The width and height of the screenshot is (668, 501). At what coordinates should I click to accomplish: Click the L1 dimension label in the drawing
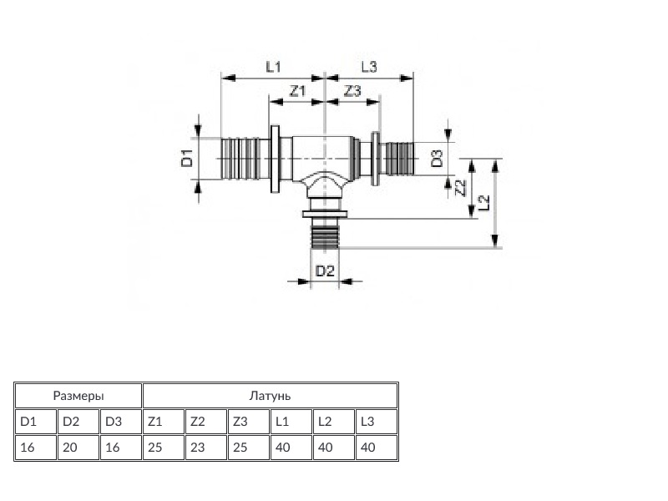(273, 67)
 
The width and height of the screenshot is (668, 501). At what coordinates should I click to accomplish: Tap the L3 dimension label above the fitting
(369, 67)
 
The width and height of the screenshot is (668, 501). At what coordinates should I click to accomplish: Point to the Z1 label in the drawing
(298, 91)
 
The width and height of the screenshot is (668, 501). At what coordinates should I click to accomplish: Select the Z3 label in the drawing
(352, 91)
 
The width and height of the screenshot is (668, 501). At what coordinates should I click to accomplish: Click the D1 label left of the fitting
(187, 158)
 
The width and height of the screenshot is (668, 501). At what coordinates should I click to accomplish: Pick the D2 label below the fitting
(325, 271)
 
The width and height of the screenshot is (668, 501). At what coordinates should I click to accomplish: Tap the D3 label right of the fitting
(437, 158)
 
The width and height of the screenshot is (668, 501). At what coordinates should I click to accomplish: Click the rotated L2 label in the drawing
(483, 203)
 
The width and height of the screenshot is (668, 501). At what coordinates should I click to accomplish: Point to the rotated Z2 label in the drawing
(461, 187)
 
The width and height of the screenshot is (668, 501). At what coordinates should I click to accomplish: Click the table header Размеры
(78, 396)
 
